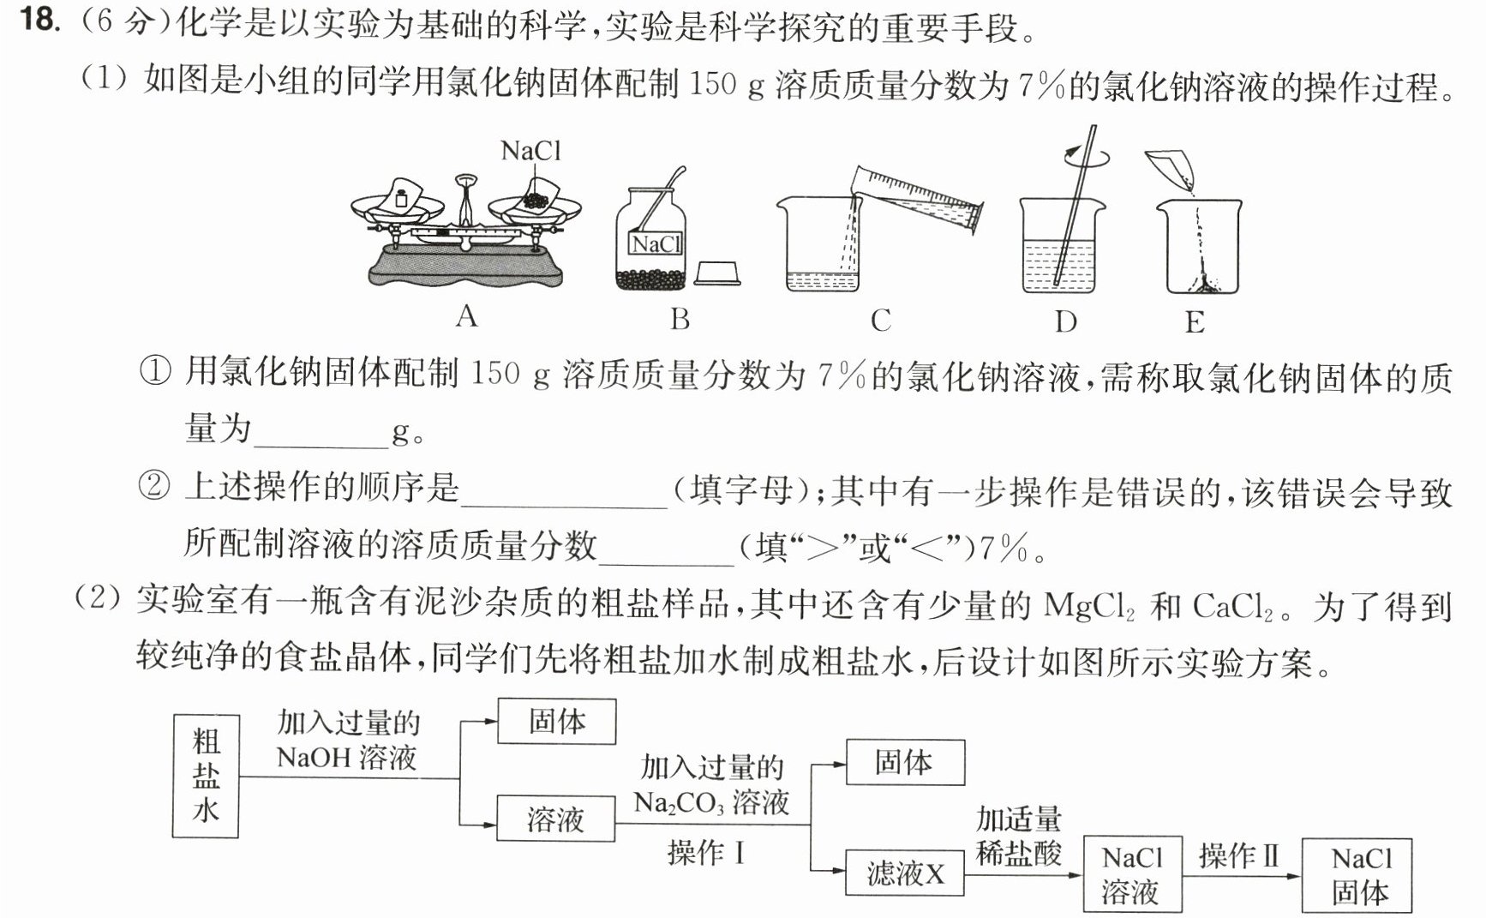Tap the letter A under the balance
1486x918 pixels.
click(x=466, y=317)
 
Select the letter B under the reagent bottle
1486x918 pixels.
click(x=680, y=319)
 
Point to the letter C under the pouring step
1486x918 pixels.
click(x=881, y=321)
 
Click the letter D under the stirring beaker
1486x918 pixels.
click(x=1065, y=321)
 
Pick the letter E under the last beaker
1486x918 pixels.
click(x=1195, y=322)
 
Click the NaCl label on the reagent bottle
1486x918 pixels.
click(x=656, y=245)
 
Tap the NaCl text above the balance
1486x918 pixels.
click(x=530, y=151)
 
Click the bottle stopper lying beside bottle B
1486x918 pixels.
click(x=716, y=273)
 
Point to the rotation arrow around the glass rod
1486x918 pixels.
click(x=1087, y=157)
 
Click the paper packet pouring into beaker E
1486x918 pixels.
click(x=1170, y=169)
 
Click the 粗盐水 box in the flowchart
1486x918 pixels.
click(x=206, y=776)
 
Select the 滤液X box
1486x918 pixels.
click(x=905, y=873)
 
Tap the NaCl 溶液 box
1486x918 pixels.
click(x=1133, y=874)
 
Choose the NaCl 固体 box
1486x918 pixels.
click(x=1357, y=875)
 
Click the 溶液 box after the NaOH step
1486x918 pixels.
click(x=556, y=819)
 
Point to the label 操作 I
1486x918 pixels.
click(x=707, y=853)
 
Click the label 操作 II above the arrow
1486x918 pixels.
click(x=1239, y=855)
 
